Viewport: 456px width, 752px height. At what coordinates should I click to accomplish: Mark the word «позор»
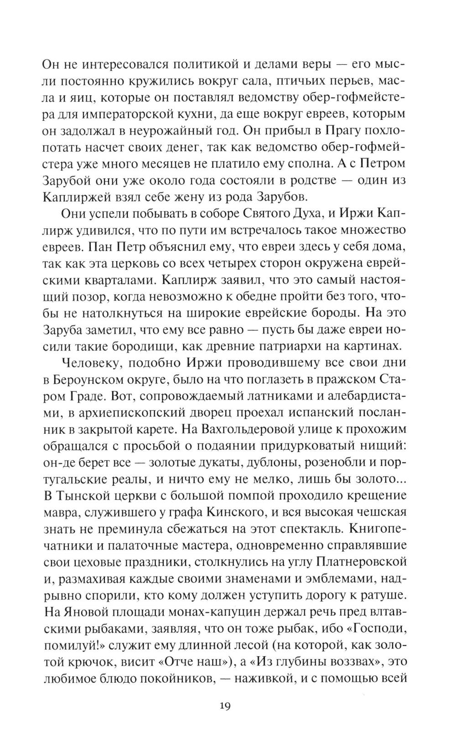81,296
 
